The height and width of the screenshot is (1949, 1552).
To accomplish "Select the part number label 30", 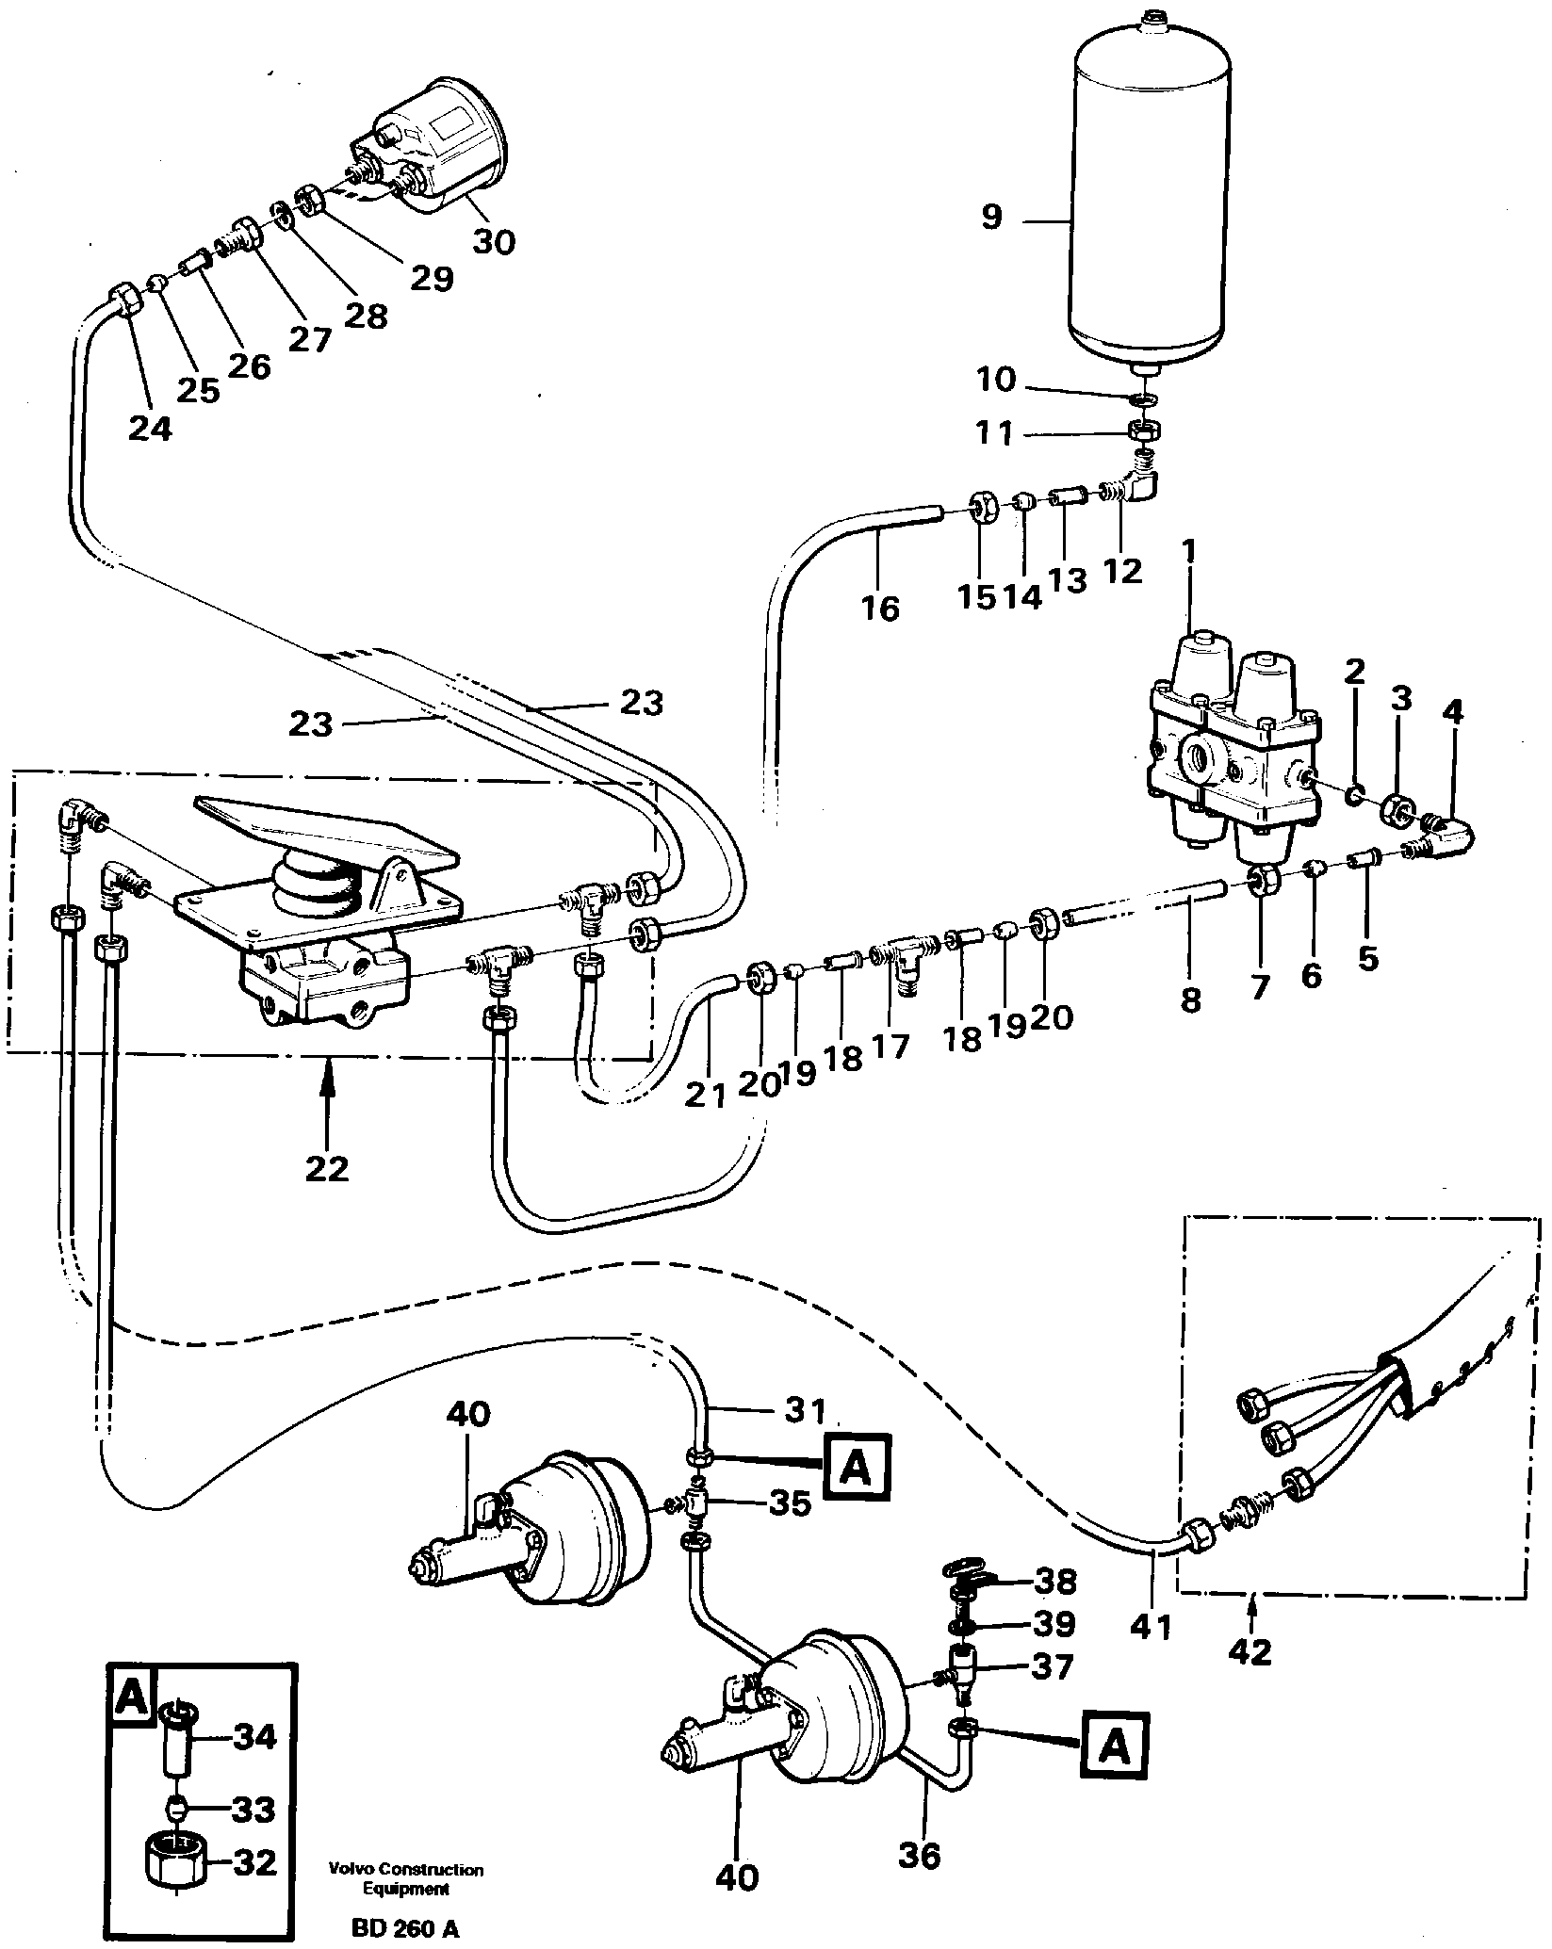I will pyautogui.click(x=494, y=242).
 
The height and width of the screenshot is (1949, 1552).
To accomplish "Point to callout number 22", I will pyautogui.click(x=327, y=1169).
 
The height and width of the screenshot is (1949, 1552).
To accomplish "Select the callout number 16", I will pyautogui.click(x=880, y=608).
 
